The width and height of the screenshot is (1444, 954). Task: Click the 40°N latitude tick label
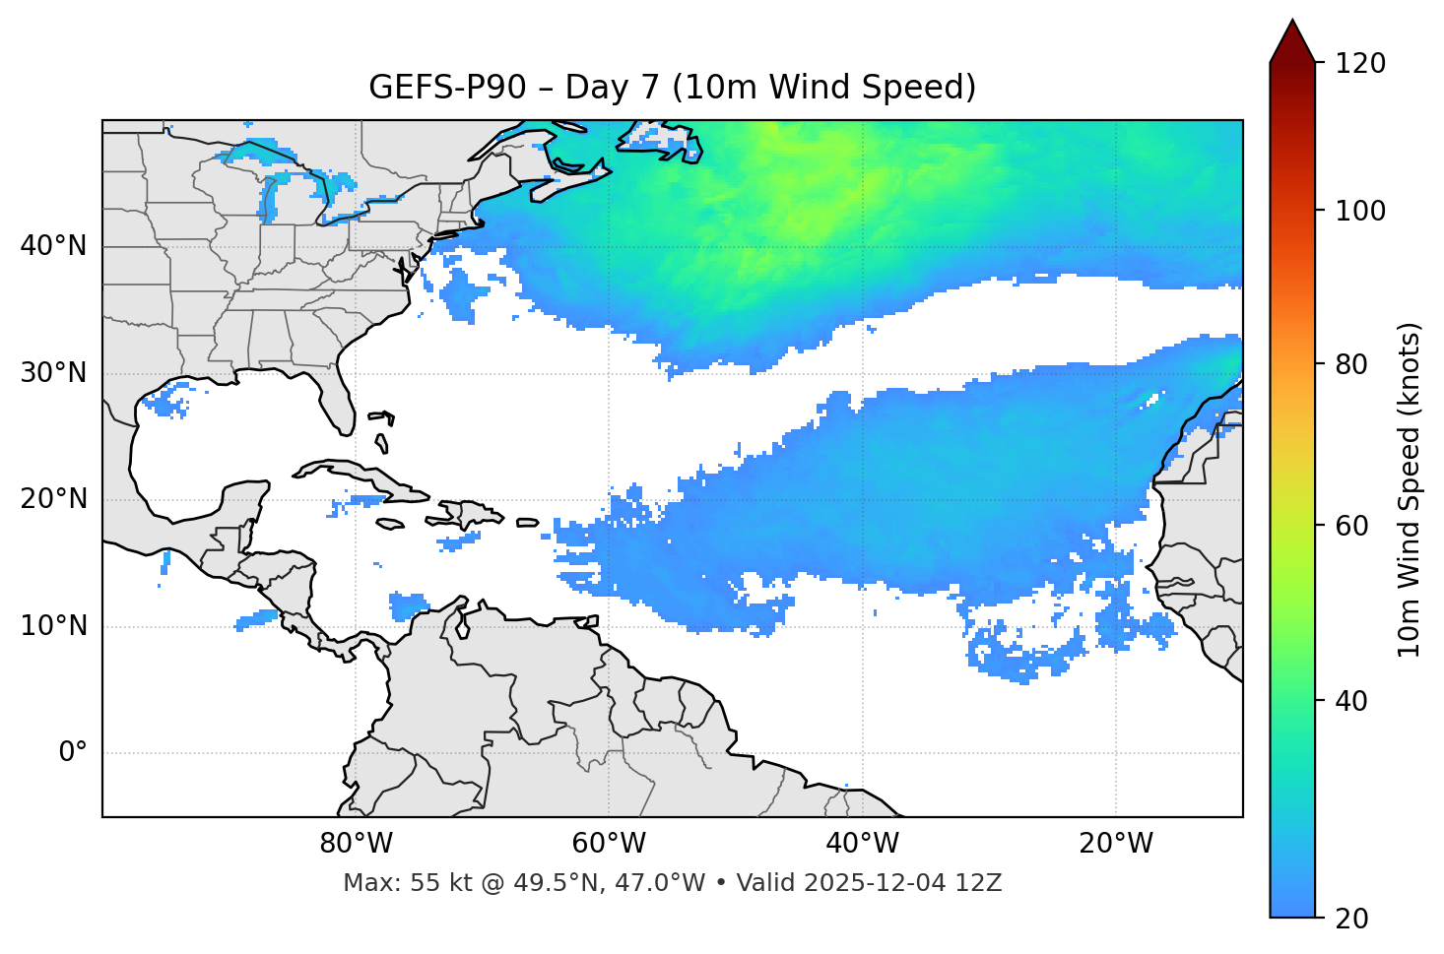(53, 246)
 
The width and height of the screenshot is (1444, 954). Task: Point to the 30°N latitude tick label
(53, 373)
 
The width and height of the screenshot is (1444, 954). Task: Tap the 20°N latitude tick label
(53, 499)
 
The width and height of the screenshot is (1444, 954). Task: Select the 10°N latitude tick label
(53, 626)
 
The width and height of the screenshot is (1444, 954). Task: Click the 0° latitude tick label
(73, 753)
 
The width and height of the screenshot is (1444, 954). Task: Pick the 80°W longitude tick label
(356, 844)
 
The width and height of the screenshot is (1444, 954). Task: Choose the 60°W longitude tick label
(609, 844)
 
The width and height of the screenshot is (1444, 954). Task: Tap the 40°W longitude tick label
(862, 844)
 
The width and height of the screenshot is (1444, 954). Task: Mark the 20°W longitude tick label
(1115, 844)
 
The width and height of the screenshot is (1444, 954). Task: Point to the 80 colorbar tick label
(1351, 364)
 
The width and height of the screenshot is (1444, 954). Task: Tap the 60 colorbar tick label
(1351, 526)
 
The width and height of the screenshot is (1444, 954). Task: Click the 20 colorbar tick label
(1351, 919)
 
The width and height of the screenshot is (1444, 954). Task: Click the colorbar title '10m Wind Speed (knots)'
(1410, 489)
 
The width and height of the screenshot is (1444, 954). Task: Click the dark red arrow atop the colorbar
(1292, 41)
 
